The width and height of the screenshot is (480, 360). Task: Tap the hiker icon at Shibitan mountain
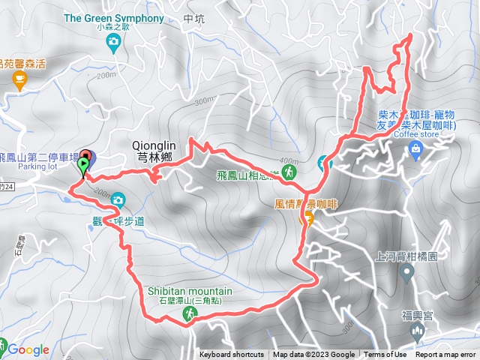tap(190, 316)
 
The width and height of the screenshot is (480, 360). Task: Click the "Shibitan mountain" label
tap(184, 292)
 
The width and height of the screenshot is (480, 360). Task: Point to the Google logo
tap(28, 349)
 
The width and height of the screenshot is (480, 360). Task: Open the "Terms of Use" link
tap(386, 355)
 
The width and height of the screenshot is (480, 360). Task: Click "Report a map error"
tap(445, 355)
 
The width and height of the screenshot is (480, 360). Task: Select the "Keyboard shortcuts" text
tap(232, 355)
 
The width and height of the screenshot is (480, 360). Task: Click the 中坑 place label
tap(193, 18)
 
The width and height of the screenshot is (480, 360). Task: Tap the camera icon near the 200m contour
tap(118, 200)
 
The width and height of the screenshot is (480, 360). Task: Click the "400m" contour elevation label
tap(288, 161)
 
